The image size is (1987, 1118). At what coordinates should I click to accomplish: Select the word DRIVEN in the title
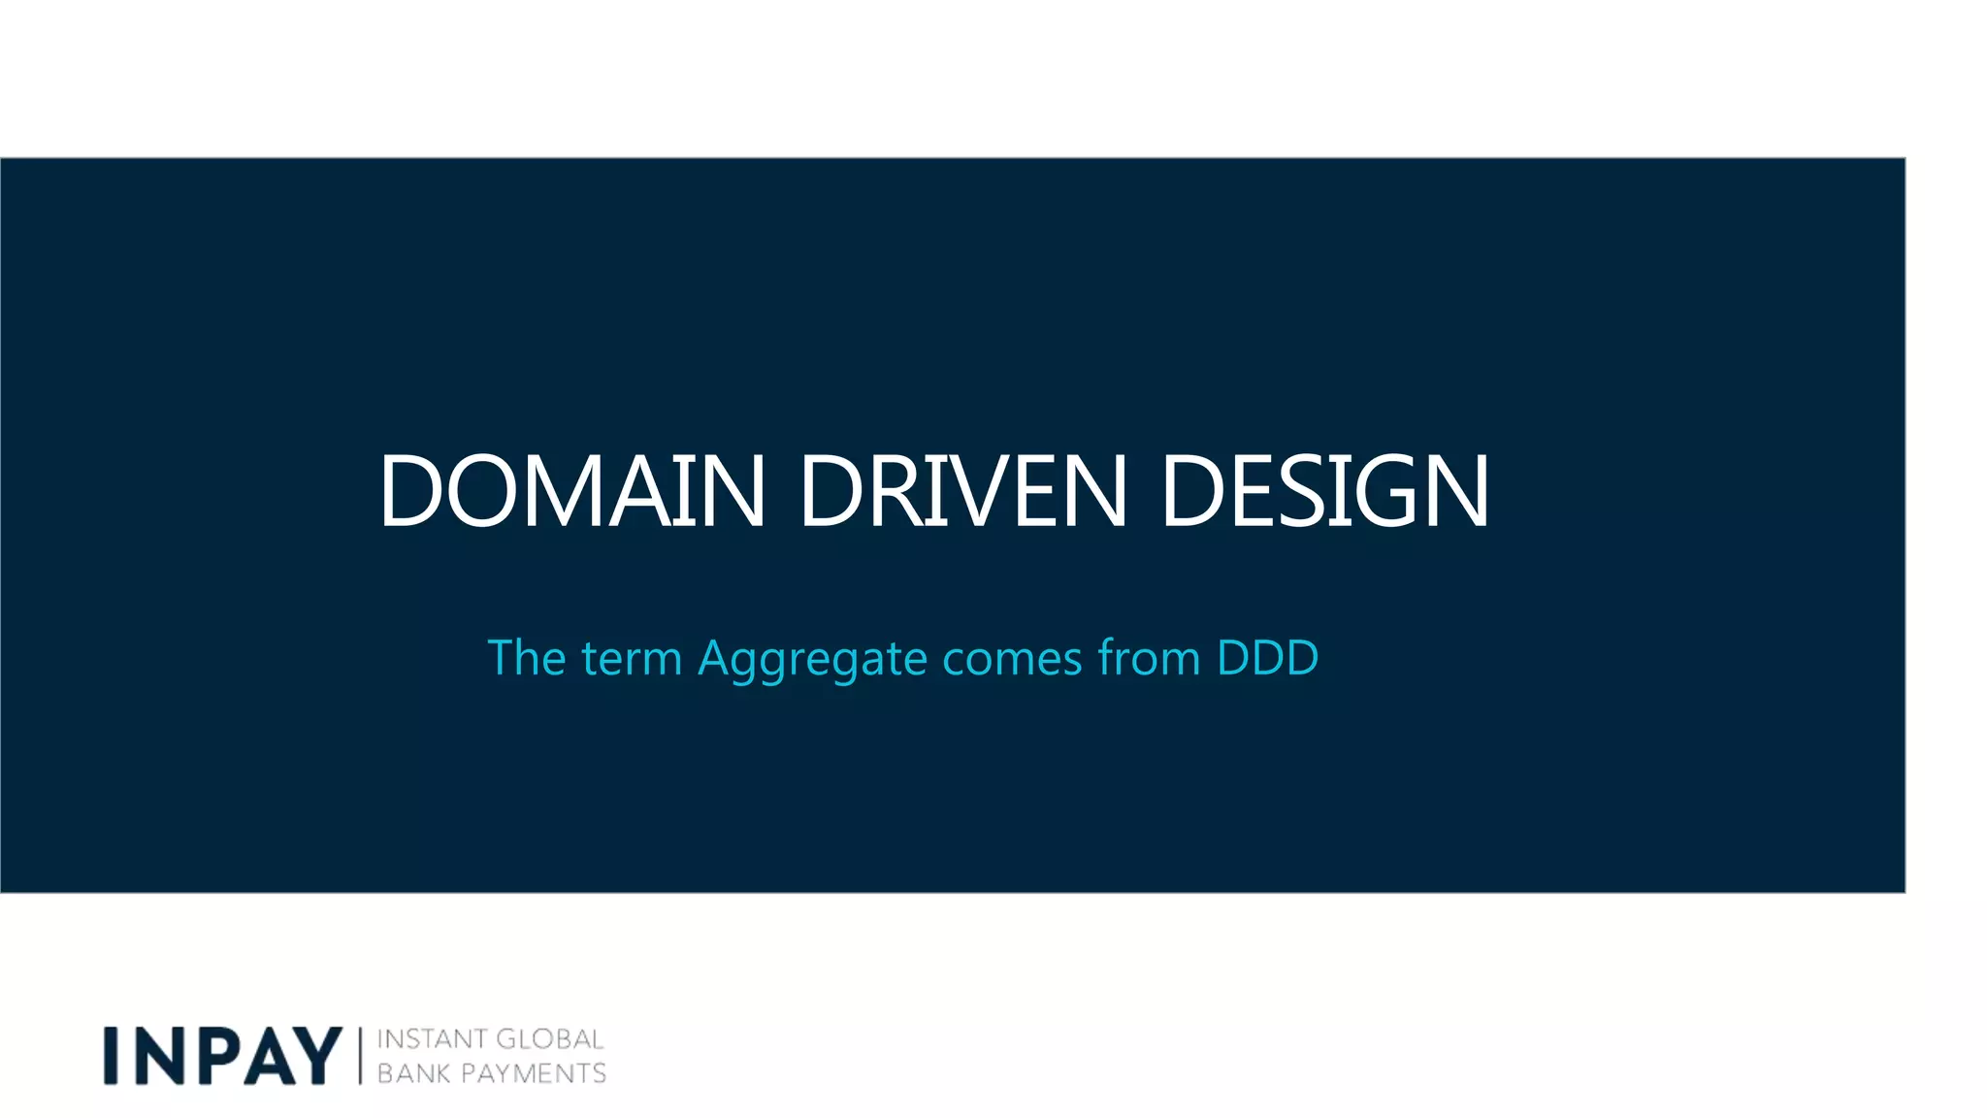pos(962,492)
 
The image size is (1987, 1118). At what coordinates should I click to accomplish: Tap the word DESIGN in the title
pos(1324,492)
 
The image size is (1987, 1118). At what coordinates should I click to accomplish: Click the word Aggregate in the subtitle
pos(813,660)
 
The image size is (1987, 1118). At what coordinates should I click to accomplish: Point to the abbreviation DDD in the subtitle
pos(1267,658)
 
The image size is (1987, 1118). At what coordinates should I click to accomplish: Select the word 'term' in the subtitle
pos(632,660)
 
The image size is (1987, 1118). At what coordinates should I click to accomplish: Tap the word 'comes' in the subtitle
pos(1012,660)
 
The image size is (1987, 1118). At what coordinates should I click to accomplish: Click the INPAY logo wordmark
pos(223,1056)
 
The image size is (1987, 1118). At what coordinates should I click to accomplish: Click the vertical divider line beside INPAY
pos(360,1056)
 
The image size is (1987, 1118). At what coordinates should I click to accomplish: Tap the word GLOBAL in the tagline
pos(550,1039)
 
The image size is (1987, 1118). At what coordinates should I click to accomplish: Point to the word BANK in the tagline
pos(413,1073)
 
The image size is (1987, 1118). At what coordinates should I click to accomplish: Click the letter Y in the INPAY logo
pos(316,1056)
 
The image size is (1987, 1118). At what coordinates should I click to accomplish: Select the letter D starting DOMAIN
pos(409,492)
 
